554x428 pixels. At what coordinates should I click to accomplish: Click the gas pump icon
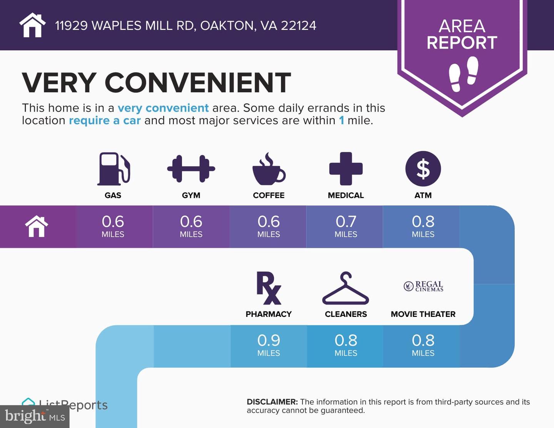113,169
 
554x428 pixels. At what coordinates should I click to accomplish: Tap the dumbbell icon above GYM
191,169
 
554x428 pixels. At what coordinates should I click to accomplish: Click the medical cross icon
346,169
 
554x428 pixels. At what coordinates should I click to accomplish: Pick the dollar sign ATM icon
423,169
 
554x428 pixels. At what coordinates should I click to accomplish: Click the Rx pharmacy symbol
269,288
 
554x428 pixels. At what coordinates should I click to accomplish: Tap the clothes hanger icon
345,288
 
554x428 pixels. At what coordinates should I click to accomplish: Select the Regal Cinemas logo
424,286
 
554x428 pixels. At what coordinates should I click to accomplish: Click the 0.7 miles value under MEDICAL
346,226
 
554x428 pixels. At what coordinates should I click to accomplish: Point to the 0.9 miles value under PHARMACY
269,345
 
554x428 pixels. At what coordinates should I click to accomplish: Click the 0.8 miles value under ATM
423,226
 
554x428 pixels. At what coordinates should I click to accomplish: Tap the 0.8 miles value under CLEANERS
346,345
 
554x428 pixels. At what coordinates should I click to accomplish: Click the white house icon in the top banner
32,25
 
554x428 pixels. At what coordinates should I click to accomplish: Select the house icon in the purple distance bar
37,226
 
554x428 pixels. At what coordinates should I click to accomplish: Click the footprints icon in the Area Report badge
463,74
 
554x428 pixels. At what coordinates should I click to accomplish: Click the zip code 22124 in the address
299,26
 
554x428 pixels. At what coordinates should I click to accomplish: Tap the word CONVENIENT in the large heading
198,83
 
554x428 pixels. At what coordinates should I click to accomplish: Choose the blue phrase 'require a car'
105,121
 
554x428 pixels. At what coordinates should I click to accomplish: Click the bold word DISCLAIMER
272,402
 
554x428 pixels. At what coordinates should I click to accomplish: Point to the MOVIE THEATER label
423,314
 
